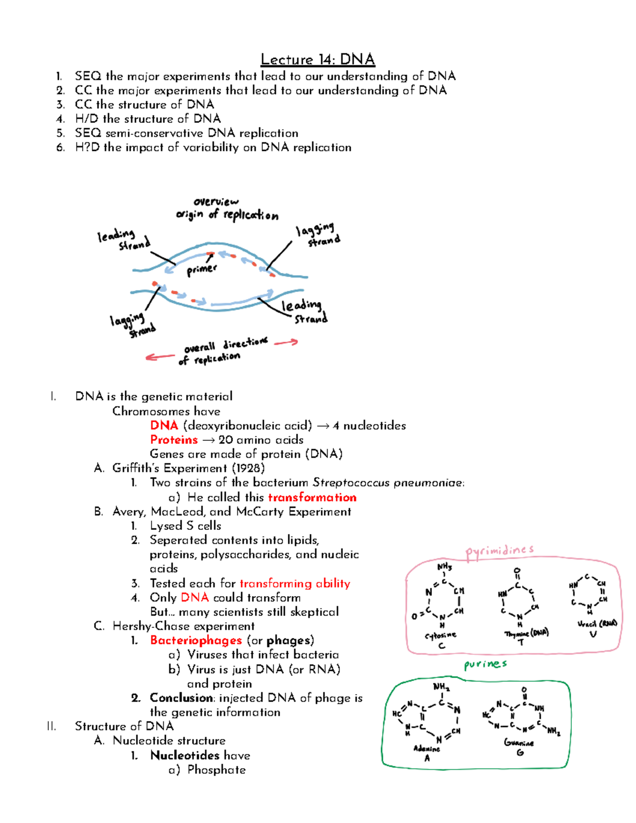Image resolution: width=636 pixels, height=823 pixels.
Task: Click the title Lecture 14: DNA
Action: click(318, 59)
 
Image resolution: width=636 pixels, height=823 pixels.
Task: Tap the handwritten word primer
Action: click(201, 270)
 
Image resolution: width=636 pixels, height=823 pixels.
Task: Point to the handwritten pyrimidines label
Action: click(499, 551)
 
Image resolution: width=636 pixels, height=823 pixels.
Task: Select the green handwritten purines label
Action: click(485, 665)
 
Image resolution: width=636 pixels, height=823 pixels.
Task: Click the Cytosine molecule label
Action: click(440, 635)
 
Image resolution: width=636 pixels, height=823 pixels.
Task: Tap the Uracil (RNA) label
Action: click(597, 624)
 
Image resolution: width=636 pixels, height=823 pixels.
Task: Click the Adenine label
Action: click(427, 749)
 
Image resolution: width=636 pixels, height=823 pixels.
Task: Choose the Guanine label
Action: click(519, 743)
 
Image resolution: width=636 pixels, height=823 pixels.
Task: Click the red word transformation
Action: click(312, 498)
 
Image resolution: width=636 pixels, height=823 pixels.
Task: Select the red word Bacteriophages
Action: click(196, 641)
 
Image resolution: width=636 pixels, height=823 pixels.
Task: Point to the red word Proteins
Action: click(174, 440)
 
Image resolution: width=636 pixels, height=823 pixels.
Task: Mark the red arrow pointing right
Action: click(286, 343)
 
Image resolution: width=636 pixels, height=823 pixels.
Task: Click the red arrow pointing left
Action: click(160, 357)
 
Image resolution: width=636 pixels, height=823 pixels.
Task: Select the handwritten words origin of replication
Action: click(227, 215)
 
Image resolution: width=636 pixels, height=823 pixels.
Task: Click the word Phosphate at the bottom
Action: click(216, 770)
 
